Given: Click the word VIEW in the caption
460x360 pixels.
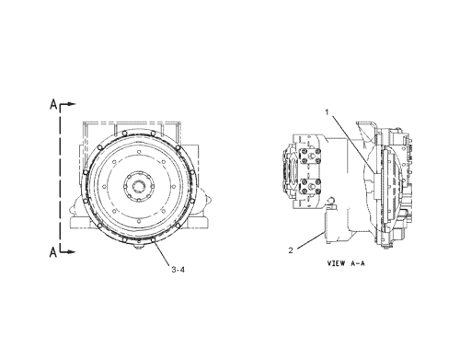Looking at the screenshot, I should click(x=338, y=262).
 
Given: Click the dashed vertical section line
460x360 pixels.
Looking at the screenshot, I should click(x=61, y=175).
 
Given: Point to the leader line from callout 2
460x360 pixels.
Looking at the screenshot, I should click(x=308, y=237).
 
